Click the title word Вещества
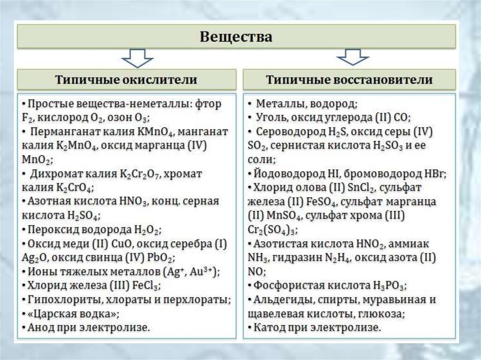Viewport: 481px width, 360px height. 236,37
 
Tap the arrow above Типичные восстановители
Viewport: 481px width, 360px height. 353,57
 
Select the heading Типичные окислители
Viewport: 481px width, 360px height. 126,79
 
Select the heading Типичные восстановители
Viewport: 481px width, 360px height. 349,79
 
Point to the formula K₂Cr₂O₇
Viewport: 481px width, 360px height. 139,174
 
